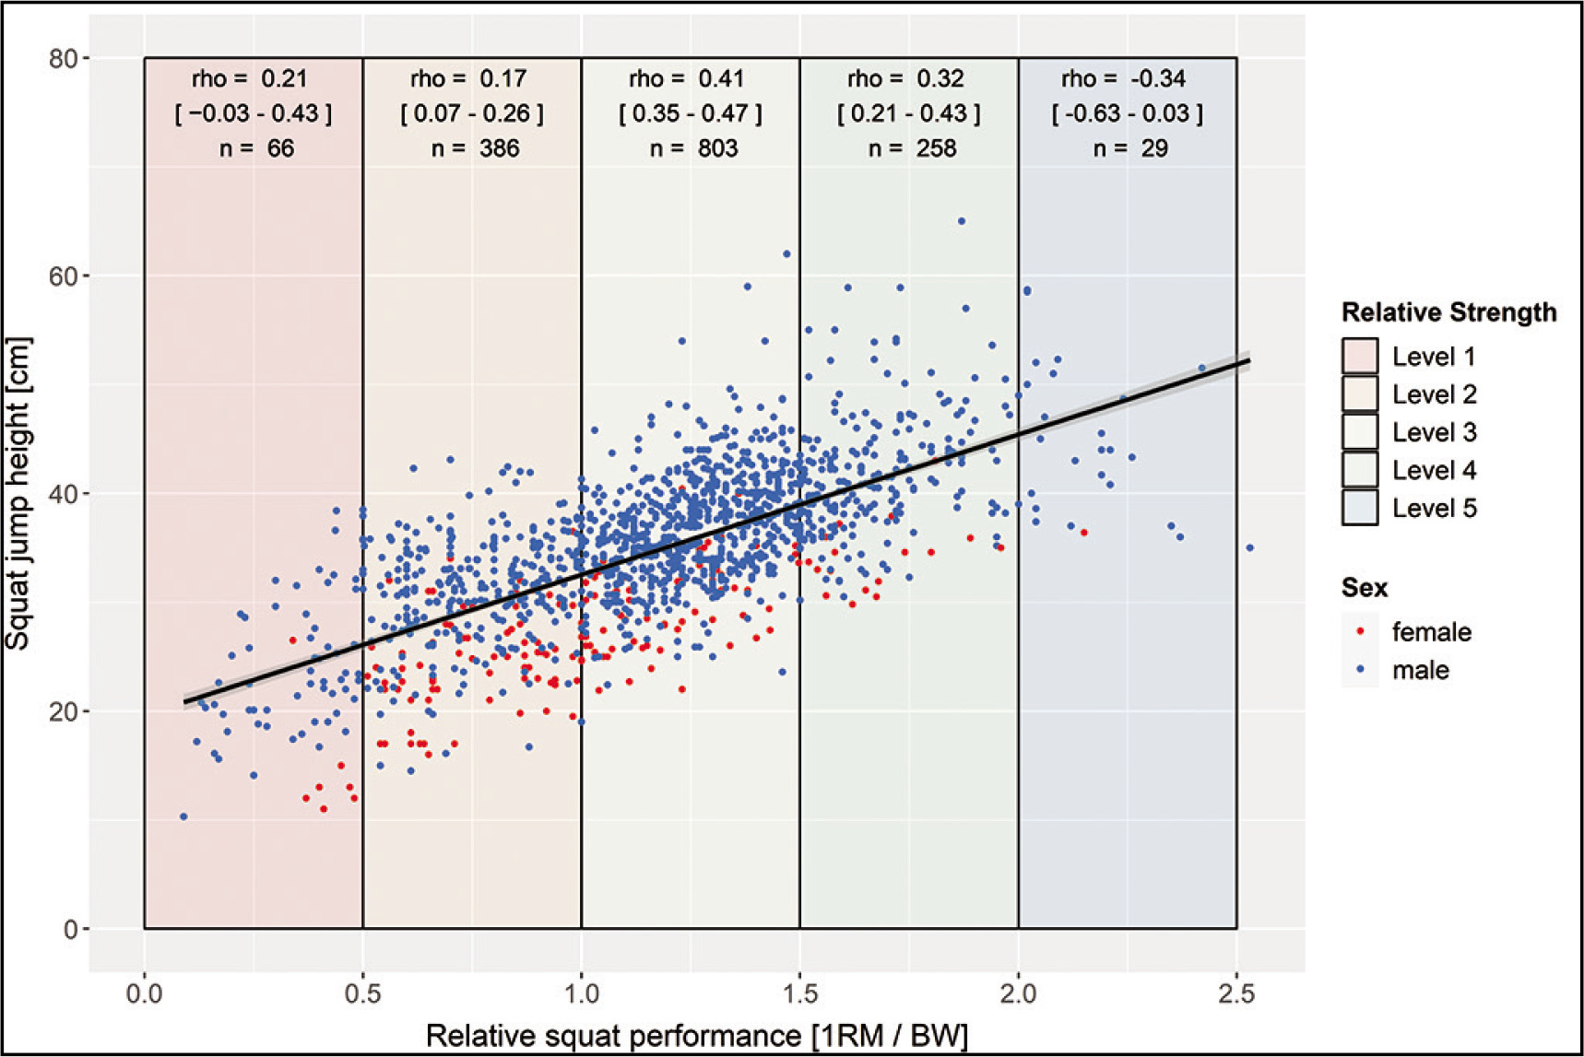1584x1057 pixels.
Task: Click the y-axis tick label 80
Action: pyautogui.click(x=62, y=59)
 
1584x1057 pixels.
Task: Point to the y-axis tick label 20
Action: pyautogui.click(x=62, y=711)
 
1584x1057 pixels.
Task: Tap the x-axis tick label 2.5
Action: pyautogui.click(x=1236, y=994)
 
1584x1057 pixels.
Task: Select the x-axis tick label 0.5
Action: pyautogui.click(x=362, y=994)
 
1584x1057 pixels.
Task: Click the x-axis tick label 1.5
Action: pyautogui.click(x=799, y=994)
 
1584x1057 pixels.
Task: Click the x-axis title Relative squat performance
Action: pyautogui.click(x=696, y=1036)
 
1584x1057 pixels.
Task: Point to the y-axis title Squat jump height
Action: pyautogui.click(x=18, y=494)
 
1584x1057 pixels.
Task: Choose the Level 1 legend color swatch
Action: pyautogui.click(x=1360, y=357)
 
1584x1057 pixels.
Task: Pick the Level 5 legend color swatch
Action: pyautogui.click(x=1360, y=508)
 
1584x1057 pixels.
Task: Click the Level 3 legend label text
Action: pyautogui.click(x=1434, y=432)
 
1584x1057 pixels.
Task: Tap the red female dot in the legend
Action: pyautogui.click(x=1361, y=632)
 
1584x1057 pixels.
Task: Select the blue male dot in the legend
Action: pyautogui.click(x=1361, y=670)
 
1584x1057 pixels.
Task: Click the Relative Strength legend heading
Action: pyautogui.click(x=1448, y=312)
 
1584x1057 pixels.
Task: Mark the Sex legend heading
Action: pyautogui.click(x=1365, y=588)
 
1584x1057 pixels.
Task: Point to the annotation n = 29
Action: pyautogui.click(x=1130, y=148)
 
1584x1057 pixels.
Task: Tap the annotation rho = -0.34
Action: pyautogui.click(x=1123, y=79)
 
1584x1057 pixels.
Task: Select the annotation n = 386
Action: pyautogui.click(x=475, y=148)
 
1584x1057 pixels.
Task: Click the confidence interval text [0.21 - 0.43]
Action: pyautogui.click(x=908, y=113)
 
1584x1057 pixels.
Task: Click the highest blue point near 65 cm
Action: pyautogui.click(x=961, y=221)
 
